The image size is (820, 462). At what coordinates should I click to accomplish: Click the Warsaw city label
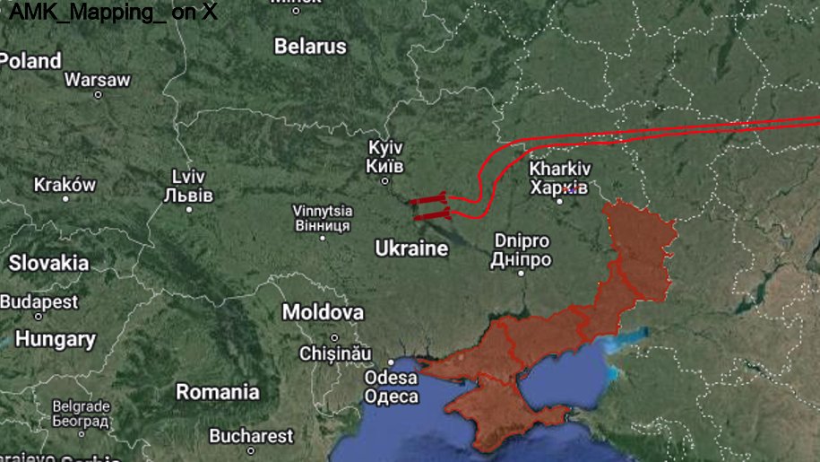click(97, 80)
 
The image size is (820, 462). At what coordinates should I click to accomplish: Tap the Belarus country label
click(310, 47)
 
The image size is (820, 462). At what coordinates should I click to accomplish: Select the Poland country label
click(30, 61)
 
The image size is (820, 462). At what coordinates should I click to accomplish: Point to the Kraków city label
click(65, 185)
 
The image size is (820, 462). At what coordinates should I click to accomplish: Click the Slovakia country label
click(48, 263)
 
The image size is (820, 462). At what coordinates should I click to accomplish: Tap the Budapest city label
click(39, 301)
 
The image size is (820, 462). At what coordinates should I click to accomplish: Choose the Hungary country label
click(55, 339)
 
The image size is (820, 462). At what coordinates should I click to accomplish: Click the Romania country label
click(218, 392)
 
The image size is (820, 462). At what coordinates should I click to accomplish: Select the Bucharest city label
click(251, 436)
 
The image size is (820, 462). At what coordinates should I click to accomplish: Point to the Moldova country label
click(323, 312)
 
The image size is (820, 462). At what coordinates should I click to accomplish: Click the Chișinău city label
click(334, 353)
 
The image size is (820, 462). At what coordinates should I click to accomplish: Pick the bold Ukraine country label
click(411, 248)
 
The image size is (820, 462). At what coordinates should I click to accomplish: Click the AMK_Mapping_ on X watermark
click(112, 13)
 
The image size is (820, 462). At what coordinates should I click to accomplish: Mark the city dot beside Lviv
click(188, 209)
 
